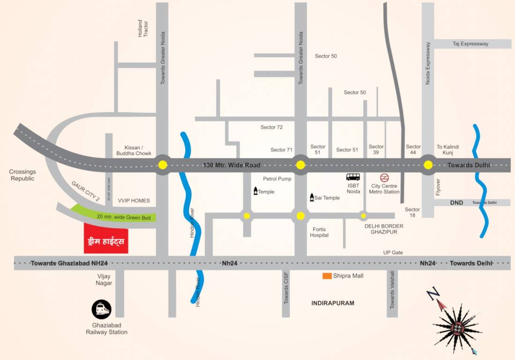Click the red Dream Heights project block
tap(106, 238)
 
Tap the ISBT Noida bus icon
tap(353, 177)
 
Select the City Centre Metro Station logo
tap(384, 178)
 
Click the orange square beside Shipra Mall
tap(327, 276)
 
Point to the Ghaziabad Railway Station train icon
tap(102, 310)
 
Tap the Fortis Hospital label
tap(319, 232)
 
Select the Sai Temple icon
tap(311, 197)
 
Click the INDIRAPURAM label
tap(333, 303)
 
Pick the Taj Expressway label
tap(470, 44)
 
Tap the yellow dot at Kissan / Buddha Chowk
tap(162, 165)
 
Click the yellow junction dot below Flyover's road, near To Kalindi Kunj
tap(428, 165)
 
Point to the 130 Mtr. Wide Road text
tap(231, 165)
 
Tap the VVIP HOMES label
tap(134, 201)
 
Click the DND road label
tap(456, 202)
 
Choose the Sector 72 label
tap(272, 127)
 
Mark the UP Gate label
tap(393, 252)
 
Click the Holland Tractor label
tap(143, 29)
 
